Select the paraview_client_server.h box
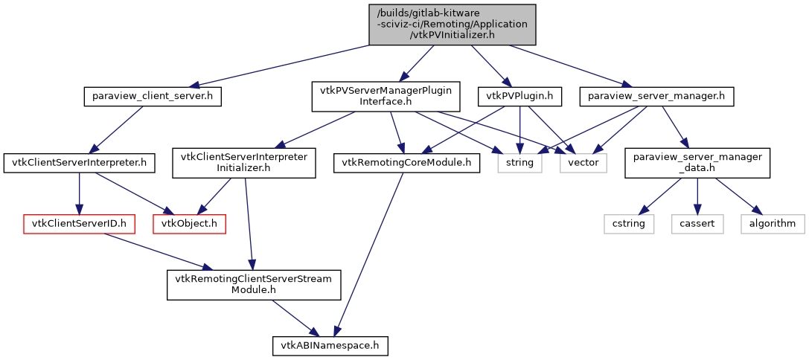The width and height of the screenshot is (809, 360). click(153, 97)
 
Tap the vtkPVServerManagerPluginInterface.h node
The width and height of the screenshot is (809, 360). click(385, 97)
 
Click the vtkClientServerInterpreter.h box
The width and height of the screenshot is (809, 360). click(80, 162)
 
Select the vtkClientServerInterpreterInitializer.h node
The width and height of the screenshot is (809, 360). click(244, 162)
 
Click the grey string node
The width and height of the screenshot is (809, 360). click(520, 162)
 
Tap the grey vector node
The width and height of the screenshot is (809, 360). click(583, 162)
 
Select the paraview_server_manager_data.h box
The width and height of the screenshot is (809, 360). click(697, 162)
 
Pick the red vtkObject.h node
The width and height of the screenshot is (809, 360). click(189, 223)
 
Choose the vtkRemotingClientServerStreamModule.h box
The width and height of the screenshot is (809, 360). click(254, 285)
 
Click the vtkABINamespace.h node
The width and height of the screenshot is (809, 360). click(330, 345)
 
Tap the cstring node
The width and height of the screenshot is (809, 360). click(629, 223)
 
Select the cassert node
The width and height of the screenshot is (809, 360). click(697, 223)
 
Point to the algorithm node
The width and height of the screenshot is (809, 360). click(773, 223)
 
